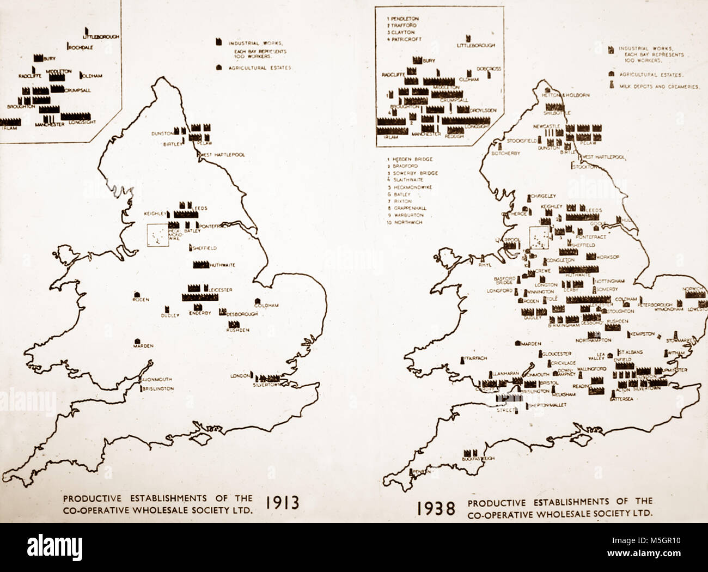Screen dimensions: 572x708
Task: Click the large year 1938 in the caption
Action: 435,509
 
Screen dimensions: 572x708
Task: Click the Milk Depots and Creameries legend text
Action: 660,87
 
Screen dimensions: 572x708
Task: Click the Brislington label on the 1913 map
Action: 158,388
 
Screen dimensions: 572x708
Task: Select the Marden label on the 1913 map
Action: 145,345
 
